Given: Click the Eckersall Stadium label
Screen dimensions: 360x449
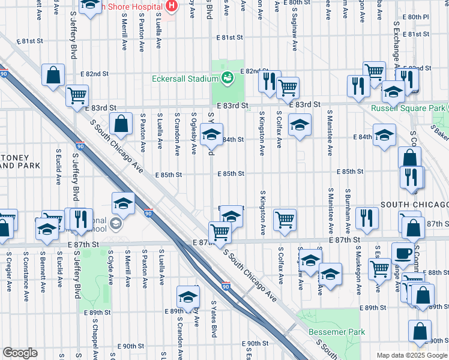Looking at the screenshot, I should [184, 79].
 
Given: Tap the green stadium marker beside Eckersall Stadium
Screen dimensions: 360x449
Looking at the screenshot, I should [227, 77].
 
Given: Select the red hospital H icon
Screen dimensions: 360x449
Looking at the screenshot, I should [172, 6].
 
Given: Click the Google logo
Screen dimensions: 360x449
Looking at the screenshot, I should [20, 353].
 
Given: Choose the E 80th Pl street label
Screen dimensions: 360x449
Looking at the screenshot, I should [417, 17].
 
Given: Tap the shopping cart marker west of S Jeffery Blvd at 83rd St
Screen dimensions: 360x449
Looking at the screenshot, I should [77, 95].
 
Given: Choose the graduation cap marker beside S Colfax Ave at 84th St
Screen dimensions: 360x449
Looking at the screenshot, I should [300, 125].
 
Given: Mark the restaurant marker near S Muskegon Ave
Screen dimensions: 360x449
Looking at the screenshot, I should [366, 217].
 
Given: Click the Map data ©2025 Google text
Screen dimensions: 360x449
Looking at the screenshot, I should [411, 355].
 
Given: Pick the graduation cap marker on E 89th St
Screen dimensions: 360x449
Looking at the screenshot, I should [188, 297].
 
